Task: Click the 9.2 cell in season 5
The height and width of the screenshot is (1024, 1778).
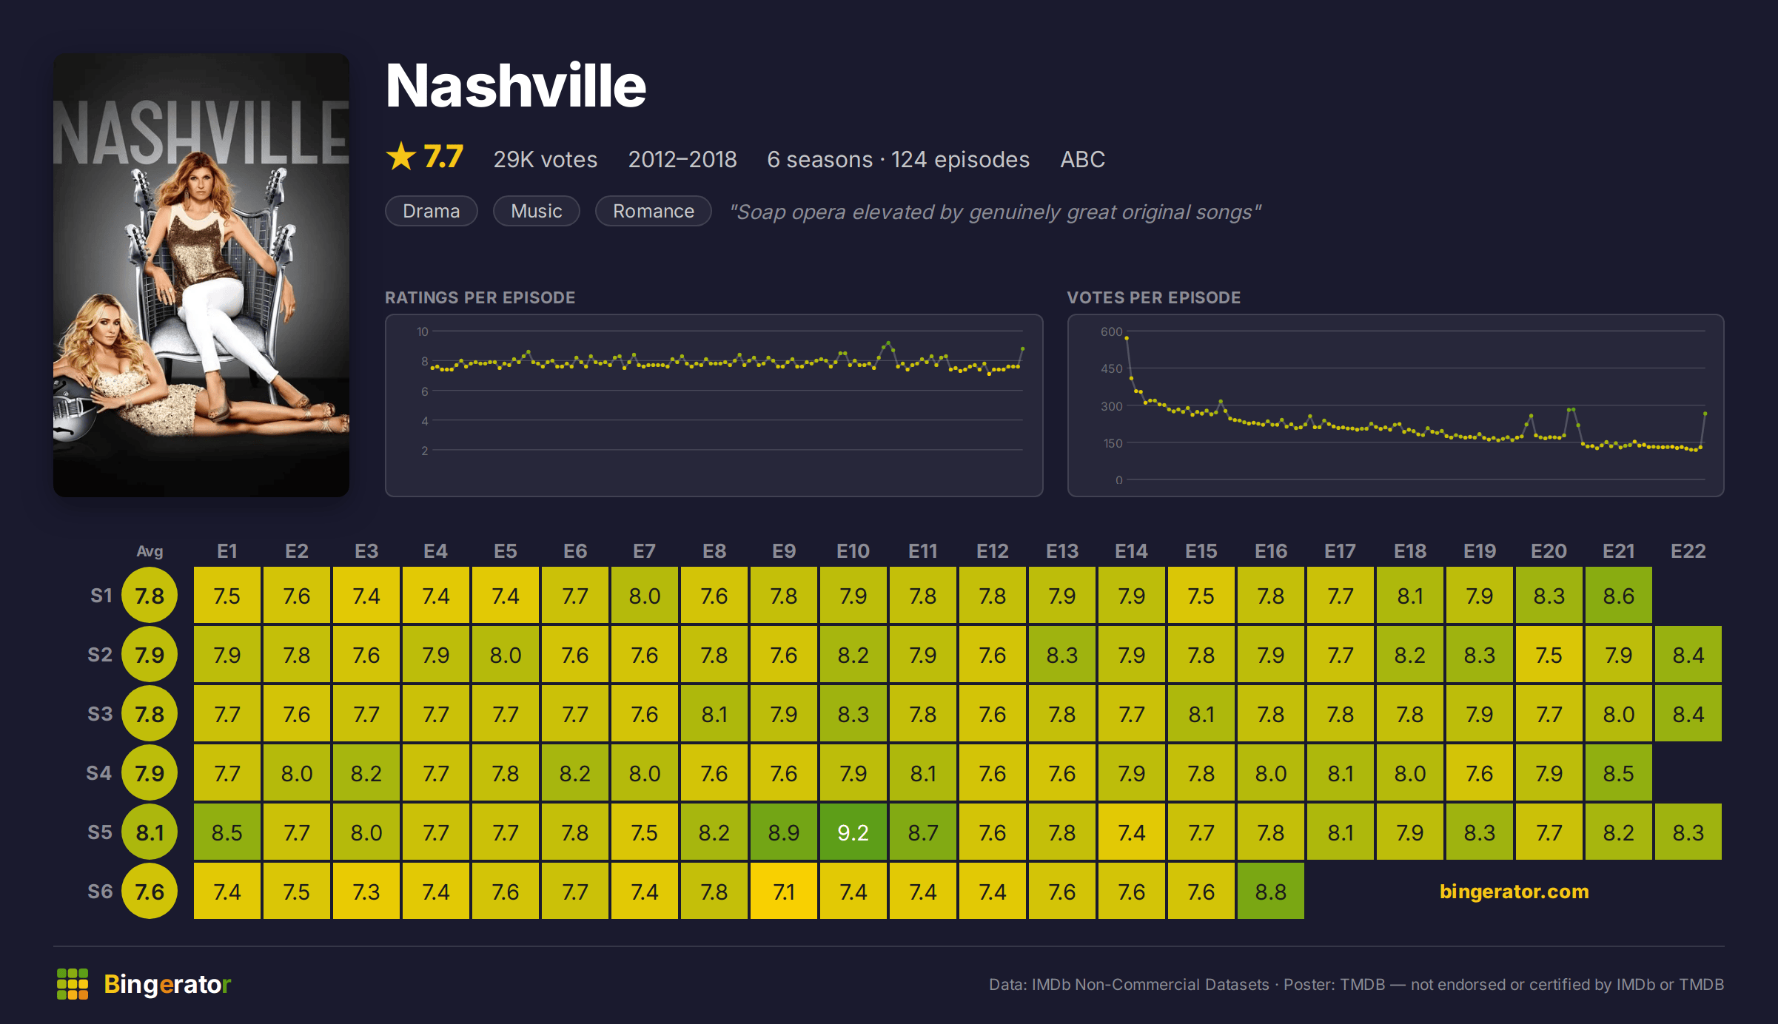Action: pos(853,832)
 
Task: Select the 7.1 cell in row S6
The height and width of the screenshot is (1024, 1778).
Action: pos(783,891)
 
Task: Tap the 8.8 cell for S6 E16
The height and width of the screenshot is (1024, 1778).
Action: pos(1270,891)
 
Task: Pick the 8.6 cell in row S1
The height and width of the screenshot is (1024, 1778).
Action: pos(1618,595)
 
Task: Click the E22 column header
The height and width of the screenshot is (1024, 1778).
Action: pos(1688,551)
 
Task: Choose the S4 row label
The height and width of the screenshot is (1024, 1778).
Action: pos(99,773)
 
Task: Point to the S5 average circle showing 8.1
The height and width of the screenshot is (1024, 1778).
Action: pos(150,832)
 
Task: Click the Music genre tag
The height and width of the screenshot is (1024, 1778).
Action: pos(536,211)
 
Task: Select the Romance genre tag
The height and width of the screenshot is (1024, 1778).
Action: pos(653,211)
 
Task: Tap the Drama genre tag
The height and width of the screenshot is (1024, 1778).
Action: pos(431,211)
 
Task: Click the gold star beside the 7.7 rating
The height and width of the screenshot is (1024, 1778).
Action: pos(401,156)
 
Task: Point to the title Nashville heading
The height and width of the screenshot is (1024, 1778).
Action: pos(516,86)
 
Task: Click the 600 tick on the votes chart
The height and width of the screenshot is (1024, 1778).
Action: pos(1111,331)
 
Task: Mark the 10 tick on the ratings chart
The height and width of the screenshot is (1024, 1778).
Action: pos(422,331)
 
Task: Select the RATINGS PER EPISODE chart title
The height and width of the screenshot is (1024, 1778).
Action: pos(480,297)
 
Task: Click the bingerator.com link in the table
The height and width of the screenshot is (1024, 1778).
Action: pos(1514,891)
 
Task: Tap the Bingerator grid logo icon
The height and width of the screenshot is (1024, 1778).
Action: pos(73,984)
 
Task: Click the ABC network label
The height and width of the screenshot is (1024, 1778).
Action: pos(1082,159)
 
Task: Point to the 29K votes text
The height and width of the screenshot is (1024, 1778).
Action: pos(545,159)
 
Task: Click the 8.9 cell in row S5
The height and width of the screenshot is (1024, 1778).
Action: pos(783,832)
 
